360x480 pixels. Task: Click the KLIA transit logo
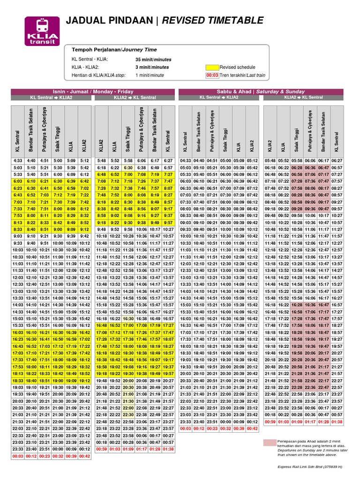tap(42, 30)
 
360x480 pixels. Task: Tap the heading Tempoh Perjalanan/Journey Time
tap(114, 50)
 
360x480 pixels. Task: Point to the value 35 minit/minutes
tap(153, 60)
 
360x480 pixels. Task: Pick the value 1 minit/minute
tap(150, 75)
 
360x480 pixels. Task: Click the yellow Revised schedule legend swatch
tap(212, 67)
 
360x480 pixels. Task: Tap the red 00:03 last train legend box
tap(212, 75)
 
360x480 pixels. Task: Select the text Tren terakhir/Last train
tap(242, 75)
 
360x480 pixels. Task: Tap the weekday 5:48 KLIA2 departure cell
tap(101, 160)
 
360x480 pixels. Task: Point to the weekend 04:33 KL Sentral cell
tap(186, 160)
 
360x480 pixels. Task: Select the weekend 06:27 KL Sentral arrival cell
tap(336, 160)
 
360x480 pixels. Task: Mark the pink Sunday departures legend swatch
tap(270, 442)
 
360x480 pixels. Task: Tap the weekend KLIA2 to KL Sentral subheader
tap(303, 97)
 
